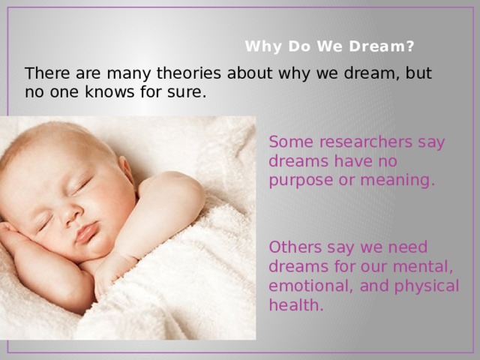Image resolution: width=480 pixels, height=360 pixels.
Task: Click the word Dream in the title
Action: click(x=376, y=46)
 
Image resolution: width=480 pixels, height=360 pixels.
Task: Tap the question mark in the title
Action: click(x=409, y=46)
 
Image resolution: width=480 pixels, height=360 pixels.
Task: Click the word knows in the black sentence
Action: click(x=109, y=91)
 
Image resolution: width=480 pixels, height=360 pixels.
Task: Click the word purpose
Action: click(x=301, y=181)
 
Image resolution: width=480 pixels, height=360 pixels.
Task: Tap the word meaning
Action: click(x=397, y=181)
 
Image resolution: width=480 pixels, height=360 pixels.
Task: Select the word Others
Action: click(x=295, y=247)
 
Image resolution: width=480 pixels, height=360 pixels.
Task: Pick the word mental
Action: click(x=423, y=267)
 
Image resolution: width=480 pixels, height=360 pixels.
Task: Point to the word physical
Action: click(x=427, y=286)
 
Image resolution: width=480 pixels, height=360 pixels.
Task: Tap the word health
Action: click(x=296, y=305)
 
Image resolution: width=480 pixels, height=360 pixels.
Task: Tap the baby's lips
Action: click(x=87, y=232)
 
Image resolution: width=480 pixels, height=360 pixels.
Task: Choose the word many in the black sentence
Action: click(x=128, y=74)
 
